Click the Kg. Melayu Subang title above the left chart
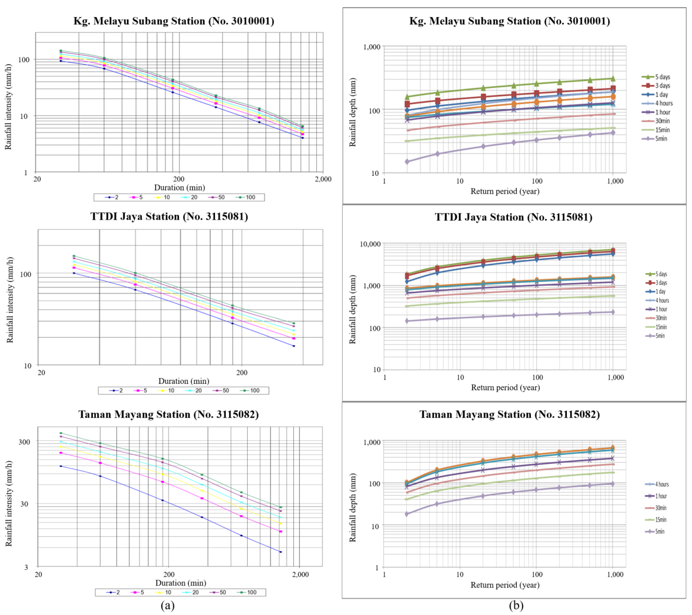pyautogui.click(x=174, y=21)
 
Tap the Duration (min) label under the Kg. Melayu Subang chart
pyautogui.click(x=179, y=187)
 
